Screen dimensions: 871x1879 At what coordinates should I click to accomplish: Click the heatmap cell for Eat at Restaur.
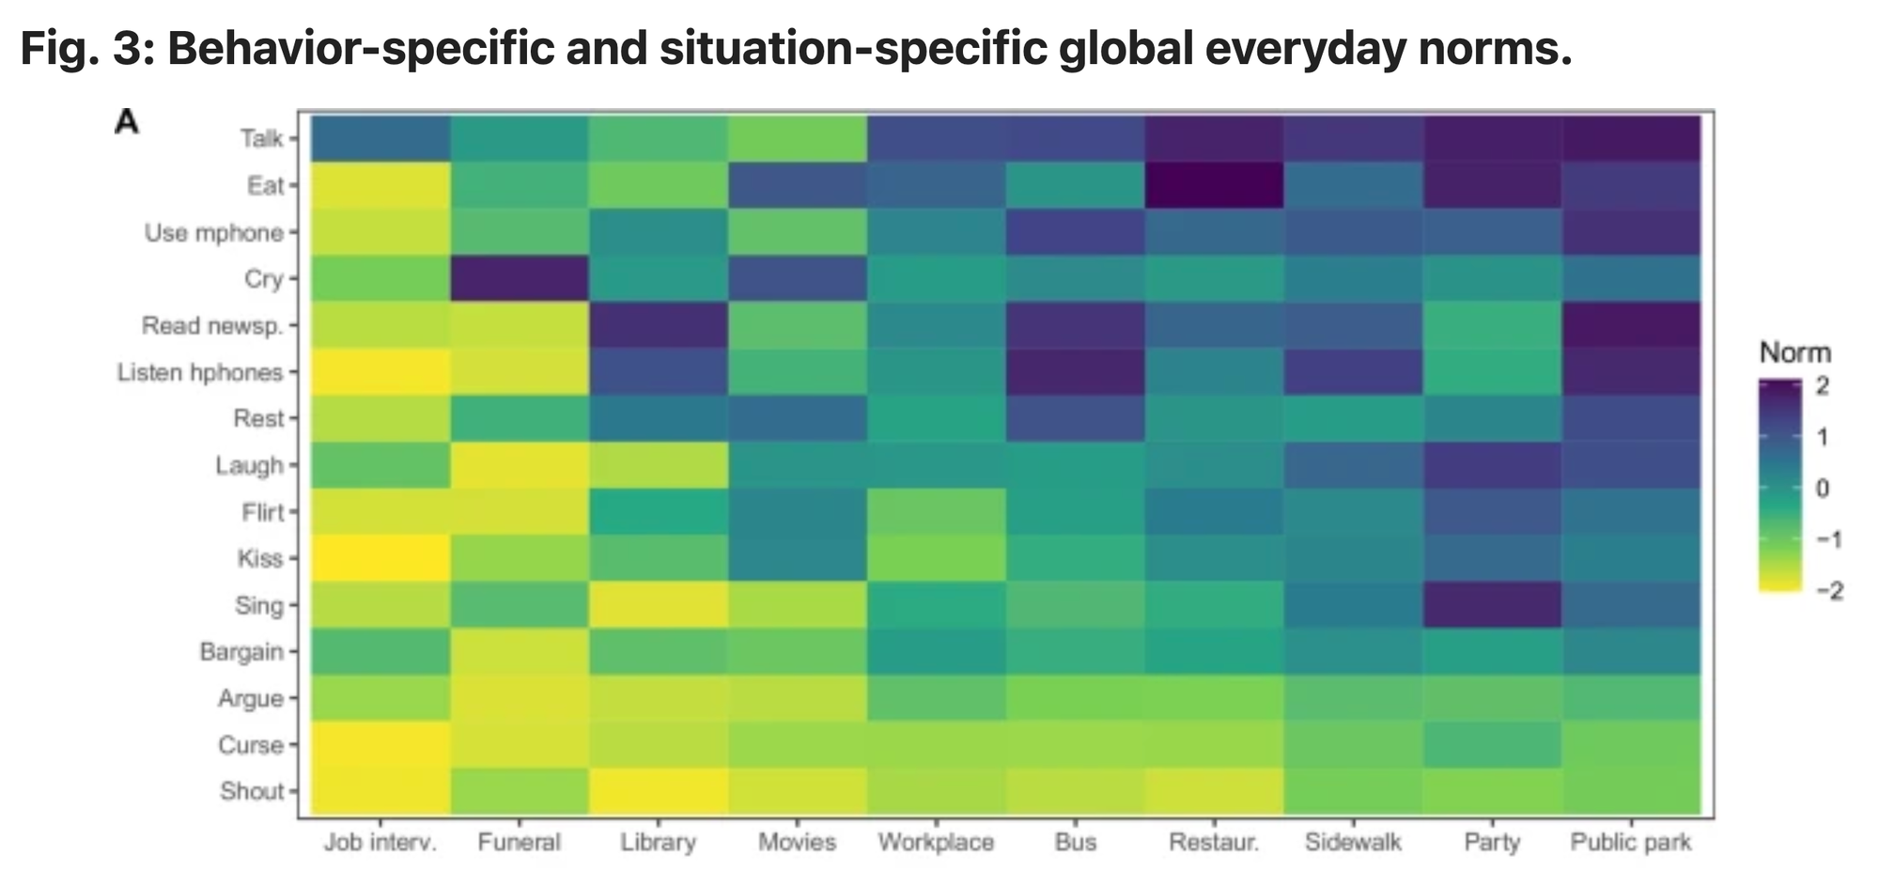[1214, 185]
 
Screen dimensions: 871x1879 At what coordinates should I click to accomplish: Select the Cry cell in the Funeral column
[519, 278]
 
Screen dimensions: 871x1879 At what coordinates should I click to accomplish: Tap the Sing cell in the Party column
[1492, 604]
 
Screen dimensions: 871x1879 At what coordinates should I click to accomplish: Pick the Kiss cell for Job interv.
[380, 558]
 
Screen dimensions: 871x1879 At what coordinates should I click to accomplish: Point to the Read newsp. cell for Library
[658, 325]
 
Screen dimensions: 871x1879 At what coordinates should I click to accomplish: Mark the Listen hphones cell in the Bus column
[1075, 371]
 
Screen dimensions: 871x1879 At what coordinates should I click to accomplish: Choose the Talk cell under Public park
[1631, 138]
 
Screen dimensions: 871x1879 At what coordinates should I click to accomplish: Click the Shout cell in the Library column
[658, 790]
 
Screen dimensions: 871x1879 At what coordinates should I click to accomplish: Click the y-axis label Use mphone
[213, 232]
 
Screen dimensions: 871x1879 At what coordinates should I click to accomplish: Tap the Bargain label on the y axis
[241, 651]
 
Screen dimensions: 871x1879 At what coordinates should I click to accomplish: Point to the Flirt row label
[262, 512]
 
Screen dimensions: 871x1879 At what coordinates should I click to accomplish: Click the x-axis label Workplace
[936, 842]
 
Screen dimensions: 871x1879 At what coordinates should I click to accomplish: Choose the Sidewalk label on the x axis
[1353, 842]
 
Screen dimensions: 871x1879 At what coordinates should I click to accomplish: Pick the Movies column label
[797, 842]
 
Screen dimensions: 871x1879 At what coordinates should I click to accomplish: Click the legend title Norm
[1794, 353]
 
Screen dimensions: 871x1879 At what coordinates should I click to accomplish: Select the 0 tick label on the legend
[1823, 489]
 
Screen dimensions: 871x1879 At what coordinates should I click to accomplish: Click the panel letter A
[127, 122]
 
